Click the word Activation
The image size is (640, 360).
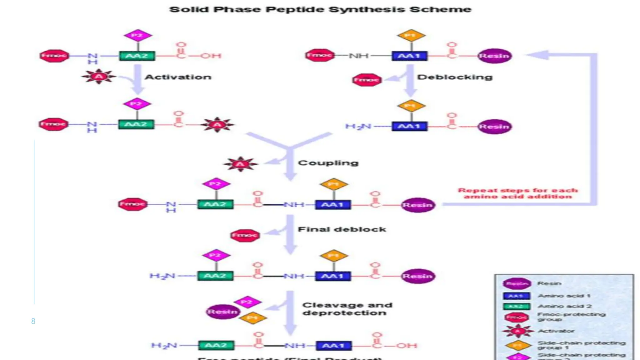(x=178, y=77)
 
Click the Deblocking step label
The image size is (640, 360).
(x=455, y=77)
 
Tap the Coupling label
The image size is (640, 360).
(x=328, y=163)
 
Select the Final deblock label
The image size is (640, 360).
(x=342, y=229)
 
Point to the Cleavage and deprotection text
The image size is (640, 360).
(x=347, y=309)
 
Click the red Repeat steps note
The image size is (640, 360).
(x=518, y=193)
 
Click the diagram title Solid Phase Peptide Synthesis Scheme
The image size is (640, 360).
(x=320, y=9)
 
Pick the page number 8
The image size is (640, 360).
(x=33, y=321)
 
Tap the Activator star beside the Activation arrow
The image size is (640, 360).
(x=99, y=77)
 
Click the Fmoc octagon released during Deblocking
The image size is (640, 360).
(x=367, y=80)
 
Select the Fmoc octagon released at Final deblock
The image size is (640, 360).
(x=245, y=235)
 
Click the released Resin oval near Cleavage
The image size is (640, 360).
(x=222, y=312)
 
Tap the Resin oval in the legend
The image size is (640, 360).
(x=517, y=284)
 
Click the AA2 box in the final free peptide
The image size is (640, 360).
(x=216, y=346)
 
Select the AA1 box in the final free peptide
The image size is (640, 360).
(x=334, y=346)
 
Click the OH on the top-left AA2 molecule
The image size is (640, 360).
(x=211, y=56)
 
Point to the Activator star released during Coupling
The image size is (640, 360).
(x=240, y=164)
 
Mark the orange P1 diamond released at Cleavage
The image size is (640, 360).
(x=253, y=318)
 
